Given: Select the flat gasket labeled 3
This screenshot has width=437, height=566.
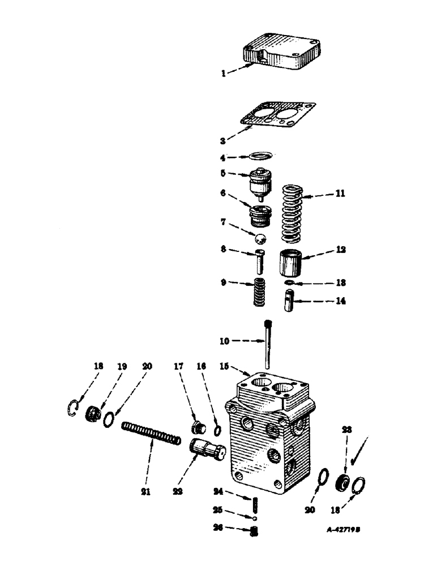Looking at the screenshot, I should (x=277, y=119).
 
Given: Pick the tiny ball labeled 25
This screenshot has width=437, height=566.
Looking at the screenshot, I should (x=255, y=517).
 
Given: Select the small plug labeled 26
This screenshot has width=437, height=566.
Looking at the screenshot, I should (x=255, y=531).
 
